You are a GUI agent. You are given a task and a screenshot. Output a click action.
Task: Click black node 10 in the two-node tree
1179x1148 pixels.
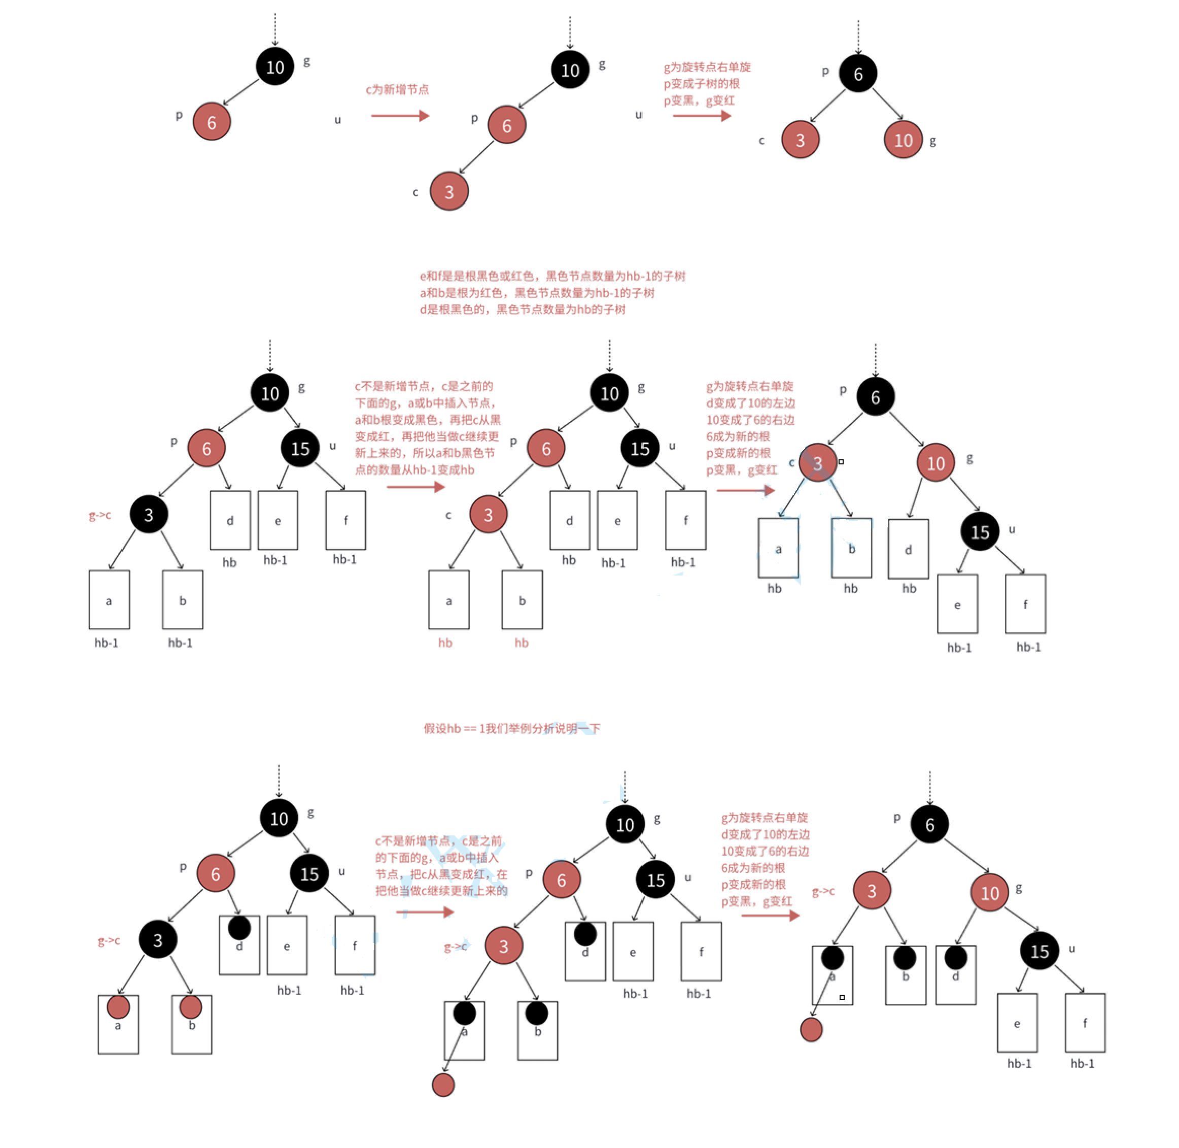(x=275, y=66)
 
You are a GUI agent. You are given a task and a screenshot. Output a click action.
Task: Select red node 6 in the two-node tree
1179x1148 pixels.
(x=212, y=122)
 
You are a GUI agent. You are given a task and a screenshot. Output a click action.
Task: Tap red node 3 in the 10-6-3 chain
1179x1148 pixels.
(x=449, y=191)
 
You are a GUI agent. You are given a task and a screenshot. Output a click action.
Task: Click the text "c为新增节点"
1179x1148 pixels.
(x=397, y=90)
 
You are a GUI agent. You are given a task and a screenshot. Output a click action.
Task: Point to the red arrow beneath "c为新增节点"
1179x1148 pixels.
(x=400, y=115)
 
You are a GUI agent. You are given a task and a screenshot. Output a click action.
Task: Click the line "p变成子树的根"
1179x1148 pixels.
(x=702, y=84)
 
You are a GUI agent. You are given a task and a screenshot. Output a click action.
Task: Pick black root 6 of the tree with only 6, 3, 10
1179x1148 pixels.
(x=858, y=74)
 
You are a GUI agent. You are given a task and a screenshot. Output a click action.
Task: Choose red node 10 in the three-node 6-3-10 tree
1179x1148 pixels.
(x=903, y=140)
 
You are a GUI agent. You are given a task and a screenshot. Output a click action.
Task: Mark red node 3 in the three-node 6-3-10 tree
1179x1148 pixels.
(x=800, y=140)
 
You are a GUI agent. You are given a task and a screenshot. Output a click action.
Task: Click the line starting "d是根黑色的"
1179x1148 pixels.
(x=523, y=309)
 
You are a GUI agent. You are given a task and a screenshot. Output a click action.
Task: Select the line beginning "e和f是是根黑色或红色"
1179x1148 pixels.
(x=552, y=276)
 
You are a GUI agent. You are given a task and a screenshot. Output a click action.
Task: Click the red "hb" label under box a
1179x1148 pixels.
(x=445, y=643)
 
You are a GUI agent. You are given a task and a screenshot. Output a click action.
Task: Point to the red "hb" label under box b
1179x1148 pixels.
(x=522, y=643)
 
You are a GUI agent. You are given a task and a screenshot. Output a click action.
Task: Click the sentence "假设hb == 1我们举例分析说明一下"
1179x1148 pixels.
(x=511, y=728)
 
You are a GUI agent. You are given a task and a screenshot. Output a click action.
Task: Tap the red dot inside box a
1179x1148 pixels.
(x=118, y=1007)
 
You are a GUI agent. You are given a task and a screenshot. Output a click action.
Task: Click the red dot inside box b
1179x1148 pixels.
(x=190, y=1007)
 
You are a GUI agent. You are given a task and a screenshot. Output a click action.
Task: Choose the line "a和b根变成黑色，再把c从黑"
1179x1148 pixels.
(x=427, y=420)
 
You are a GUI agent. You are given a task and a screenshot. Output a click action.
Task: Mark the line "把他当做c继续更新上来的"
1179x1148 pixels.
(x=441, y=891)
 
